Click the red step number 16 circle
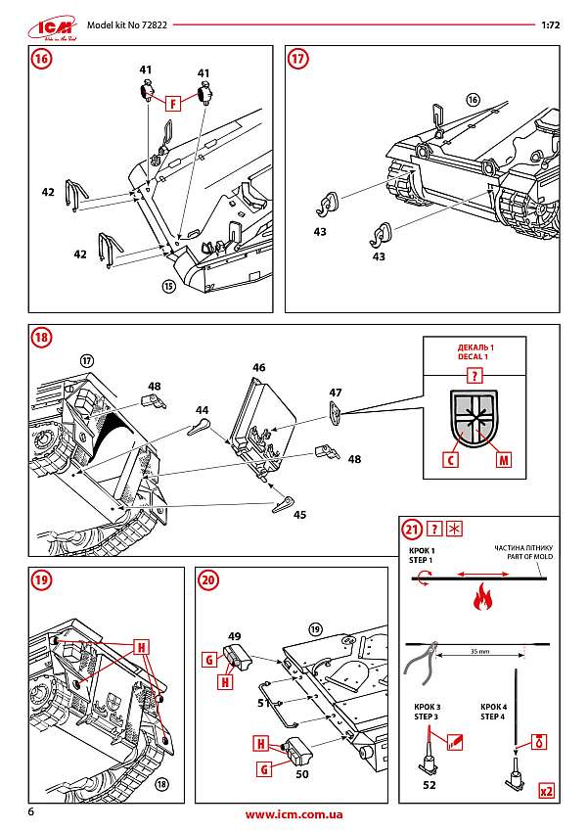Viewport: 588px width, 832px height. point(41,59)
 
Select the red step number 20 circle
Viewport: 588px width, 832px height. point(208,579)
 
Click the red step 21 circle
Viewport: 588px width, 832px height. point(412,530)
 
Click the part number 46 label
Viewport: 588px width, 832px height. point(258,368)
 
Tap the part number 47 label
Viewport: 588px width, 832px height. point(336,393)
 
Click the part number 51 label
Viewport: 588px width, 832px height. point(262,702)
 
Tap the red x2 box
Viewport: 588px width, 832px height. point(547,789)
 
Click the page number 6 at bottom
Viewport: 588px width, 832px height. point(32,813)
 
